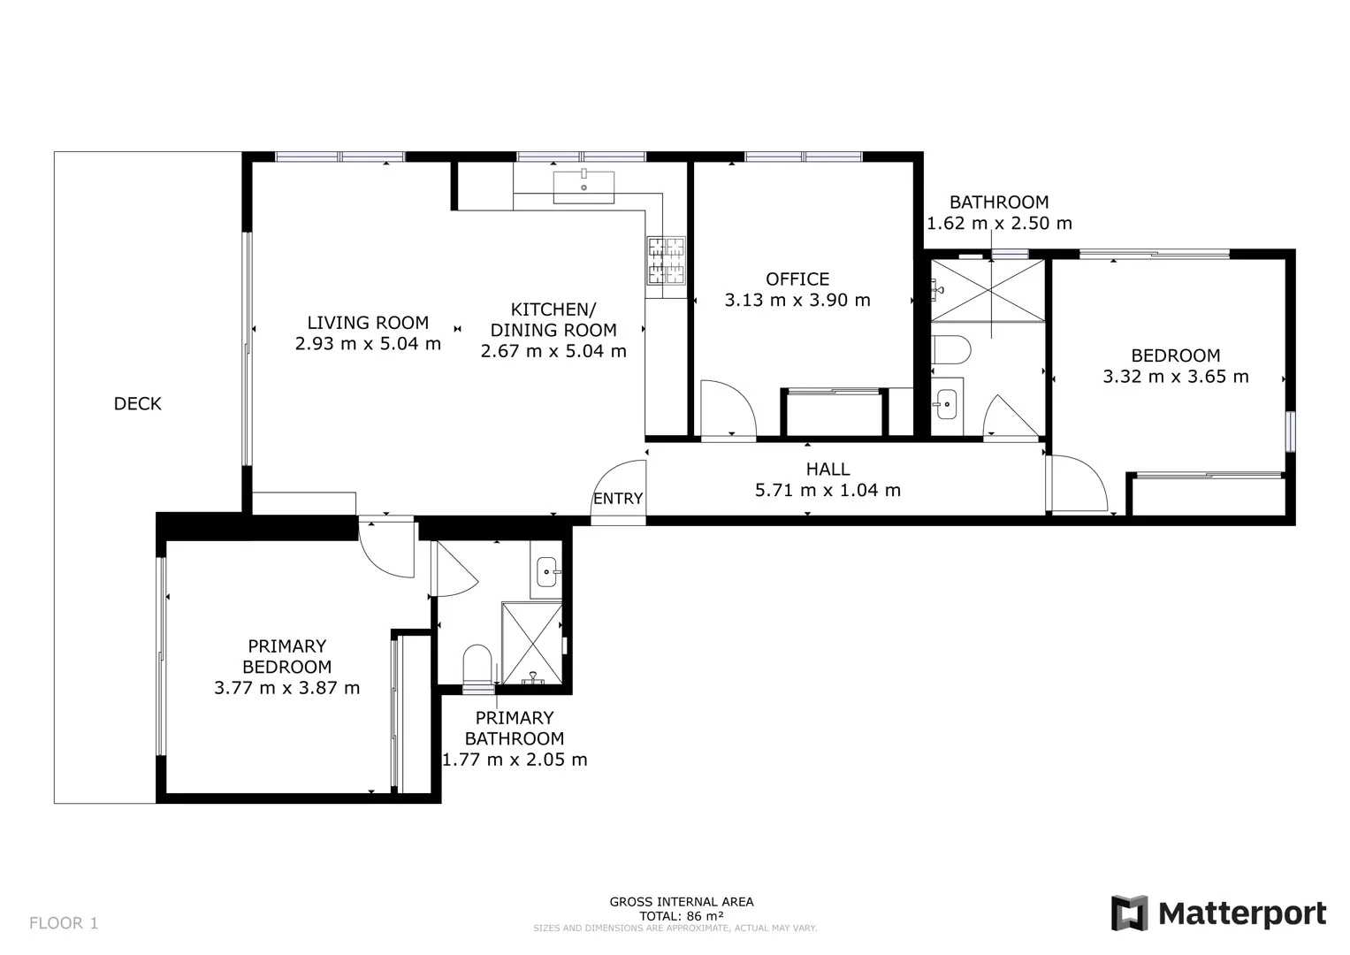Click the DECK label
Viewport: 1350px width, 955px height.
pyautogui.click(x=137, y=404)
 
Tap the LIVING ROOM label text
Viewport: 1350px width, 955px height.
pyautogui.click(x=368, y=323)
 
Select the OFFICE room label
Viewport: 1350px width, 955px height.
pyautogui.click(x=797, y=279)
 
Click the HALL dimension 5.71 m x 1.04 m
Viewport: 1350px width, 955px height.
pyautogui.click(x=828, y=490)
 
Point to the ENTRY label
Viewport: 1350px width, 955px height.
pyautogui.click(x=618, y=499)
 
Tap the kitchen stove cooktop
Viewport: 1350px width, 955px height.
pyautogui.click(x=666, y=260)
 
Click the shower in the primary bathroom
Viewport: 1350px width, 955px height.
pyautogui.click(x=532, y=643)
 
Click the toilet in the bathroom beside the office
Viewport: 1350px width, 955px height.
pyautogui.click(x=951, y=349)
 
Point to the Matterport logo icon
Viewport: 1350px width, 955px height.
pyautogui.click(x=1129, y=913)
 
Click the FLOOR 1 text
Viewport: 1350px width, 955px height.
pyautogui.click(x=64, y=923)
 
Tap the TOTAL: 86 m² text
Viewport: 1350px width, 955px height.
pyautogui.click(x=681, y=916)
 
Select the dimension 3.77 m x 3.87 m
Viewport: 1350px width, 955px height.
pyautogui.click(x=286, y=688)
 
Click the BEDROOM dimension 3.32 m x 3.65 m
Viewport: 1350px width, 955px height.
pyautogui.click(x=1176, y=377)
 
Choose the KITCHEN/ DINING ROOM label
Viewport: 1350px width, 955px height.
pyautogui.click(x=553, y=319)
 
